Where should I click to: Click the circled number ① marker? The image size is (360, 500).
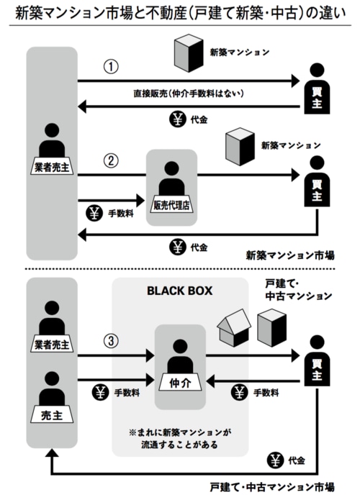tap(111, 67)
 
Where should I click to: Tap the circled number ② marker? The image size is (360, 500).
tap(111, 160)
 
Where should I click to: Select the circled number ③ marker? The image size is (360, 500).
tap(111, 341)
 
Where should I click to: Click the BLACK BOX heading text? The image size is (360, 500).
tap(180, 291)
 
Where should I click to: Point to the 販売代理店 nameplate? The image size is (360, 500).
tap(171, 205)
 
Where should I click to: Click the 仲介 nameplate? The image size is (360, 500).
tap(180, 382)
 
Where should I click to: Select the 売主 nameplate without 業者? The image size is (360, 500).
tap(52, 415)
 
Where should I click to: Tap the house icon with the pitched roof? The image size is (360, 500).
tap(233, 328)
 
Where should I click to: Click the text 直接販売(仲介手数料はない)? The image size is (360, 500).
tap(189, 94)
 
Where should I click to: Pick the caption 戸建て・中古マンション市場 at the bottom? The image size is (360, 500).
tap(272, 487)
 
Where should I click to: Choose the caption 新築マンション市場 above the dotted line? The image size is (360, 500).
tap(290, 255)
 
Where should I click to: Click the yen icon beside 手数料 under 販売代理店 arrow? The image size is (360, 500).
tap(94, 214)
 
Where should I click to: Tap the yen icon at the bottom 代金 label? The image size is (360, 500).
tap(275, 460)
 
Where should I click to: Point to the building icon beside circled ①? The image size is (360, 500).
tap(189, 53)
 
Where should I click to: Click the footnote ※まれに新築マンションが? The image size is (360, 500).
tap(180, 432)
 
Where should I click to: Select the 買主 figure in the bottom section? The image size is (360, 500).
tap(317, 360)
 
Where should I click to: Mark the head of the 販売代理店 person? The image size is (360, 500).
tap(171, 168)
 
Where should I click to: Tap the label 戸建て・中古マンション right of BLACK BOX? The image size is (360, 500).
tap(298, 290)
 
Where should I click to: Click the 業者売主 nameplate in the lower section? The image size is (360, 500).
tap(52, 345)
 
